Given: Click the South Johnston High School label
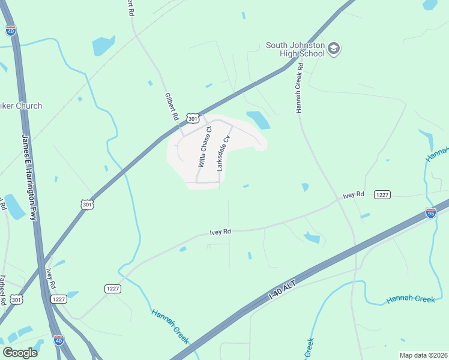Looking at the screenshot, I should click(x=295, y=49).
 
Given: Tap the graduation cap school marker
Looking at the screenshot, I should click(x=334, y=49).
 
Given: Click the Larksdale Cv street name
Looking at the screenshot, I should click(x=223, y=152).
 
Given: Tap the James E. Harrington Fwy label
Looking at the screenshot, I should click(x=29, y=178).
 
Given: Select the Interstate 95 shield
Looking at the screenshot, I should click(x=431, y=212).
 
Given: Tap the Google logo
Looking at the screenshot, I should click(x=20, y=353).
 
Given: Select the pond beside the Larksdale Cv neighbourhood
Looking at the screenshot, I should click(x=258, y=120).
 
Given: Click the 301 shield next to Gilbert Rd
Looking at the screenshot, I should click(x=192, y=119).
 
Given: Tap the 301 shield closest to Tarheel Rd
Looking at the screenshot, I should click(x=17, y=299).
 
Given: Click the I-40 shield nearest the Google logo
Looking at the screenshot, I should click(x=58, y=340).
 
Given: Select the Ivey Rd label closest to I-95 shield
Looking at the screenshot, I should click(x=354, y=195).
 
